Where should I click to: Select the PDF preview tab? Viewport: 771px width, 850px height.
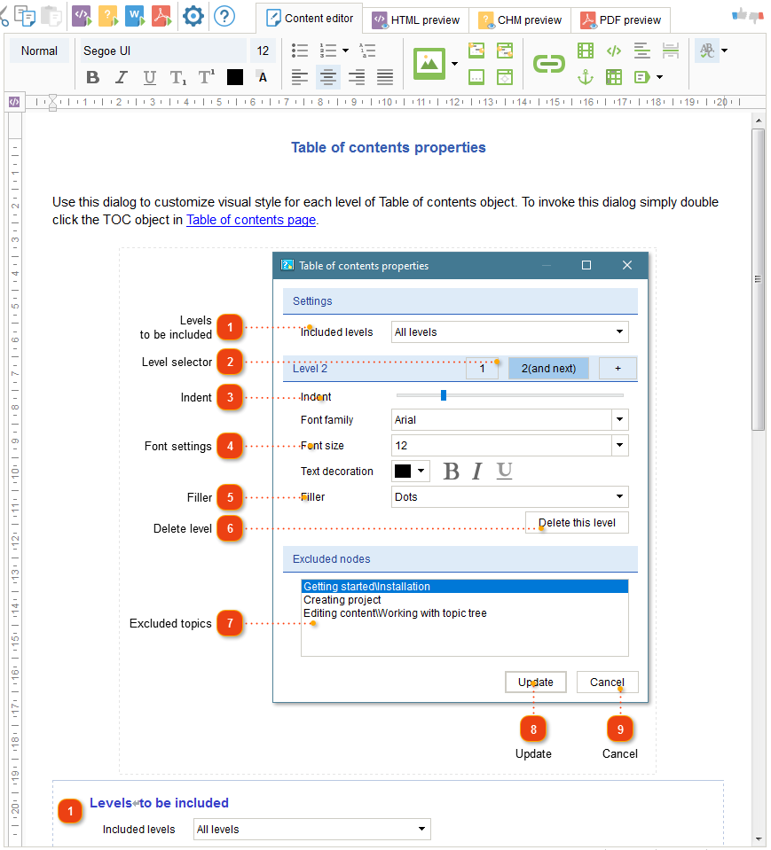pyautogui.click(x=621, y=19)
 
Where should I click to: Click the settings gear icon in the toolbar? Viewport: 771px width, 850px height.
pyautogui.click(x=193, y=16)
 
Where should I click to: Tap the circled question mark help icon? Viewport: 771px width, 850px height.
pyautogui.click(x=224, y=16)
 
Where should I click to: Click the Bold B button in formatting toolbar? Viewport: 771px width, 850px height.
pyautogui.click(x=92, y=77)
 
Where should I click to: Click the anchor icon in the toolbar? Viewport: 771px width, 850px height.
pyautogui.click(x=586, y=77)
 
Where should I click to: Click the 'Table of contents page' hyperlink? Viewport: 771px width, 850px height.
pyautogui.click(x=250, y=220)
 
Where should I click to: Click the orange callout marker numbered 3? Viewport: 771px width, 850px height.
pyautogui.click(x=230, y=397)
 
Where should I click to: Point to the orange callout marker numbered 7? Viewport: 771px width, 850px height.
pyautogui.click(x=230, y=623)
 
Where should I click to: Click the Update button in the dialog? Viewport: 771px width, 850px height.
pyautogui.click(x=536, y=682)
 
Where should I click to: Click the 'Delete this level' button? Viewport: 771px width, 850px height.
pyautogui.click(x=577, y=522)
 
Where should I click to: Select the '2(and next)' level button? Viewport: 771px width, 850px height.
pyautogui.click(x=548, y=368)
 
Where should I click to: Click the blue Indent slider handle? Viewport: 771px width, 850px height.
pyautogui.click(x=444, y=395)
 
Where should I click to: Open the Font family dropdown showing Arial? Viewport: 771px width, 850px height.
pyautogui.click(x=509, y=420)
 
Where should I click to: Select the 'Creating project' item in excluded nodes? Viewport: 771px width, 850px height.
pyautogui.click(x=342, y=600)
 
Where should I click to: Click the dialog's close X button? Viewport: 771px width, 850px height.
pyautogui.click(x=627, y=265)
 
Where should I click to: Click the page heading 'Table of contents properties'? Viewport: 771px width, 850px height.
pyautogui.click(x=388, y=147)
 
